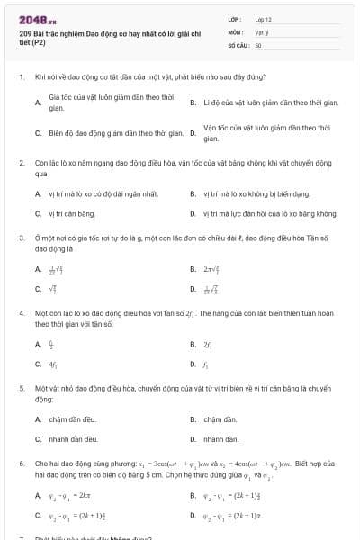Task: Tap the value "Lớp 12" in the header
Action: (x=263, y=18)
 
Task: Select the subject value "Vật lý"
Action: (x=260, y=31)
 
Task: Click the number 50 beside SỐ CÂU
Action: (x=258, y=44)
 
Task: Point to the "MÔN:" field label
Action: (x=236, y=31)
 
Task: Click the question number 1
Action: (x=21, y=77)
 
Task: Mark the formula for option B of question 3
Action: (x=212, y=269)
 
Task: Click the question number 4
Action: (x=21, y=313)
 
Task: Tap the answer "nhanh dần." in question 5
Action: (x=220, y=439)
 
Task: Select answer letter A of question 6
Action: (x=38, y=496)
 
